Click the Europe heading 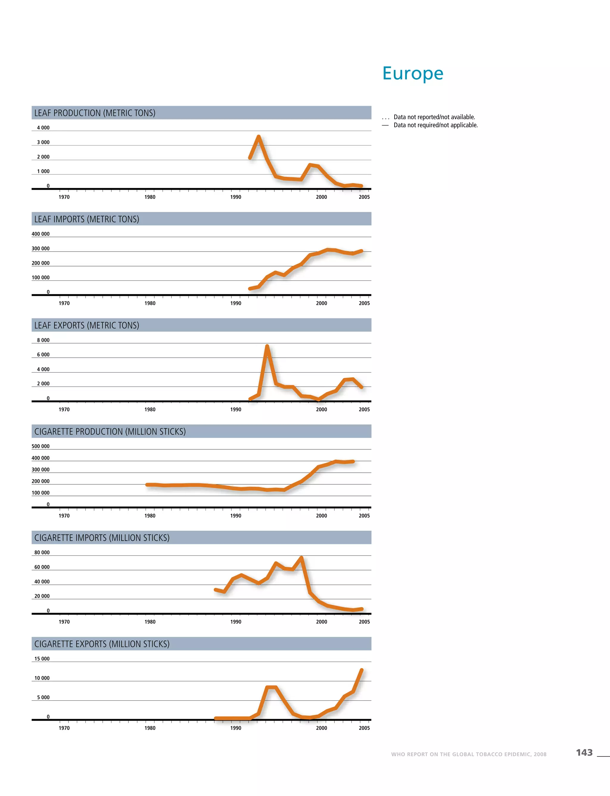tap(413, 74)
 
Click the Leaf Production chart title tap(95, 113)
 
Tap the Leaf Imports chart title tap(87, 219)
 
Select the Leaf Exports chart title tap(87, 325)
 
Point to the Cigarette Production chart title tap(110, 431)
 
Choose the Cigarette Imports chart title tap(102, 538)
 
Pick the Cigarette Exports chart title tap(102, 644)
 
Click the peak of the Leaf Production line tap(259, 136)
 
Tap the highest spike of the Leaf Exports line tap(267, 346)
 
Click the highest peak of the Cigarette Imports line tap(301, 558)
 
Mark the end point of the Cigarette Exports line tap(362, 670)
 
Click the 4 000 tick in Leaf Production tap(43, 128)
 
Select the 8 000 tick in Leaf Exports tap(43, 340)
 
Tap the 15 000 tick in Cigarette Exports tap(42, 659)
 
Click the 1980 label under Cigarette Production tap(150, 516)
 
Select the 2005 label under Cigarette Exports tap(364, 728)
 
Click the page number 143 tap(584, 752)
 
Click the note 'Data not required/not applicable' tap(435, 125)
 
